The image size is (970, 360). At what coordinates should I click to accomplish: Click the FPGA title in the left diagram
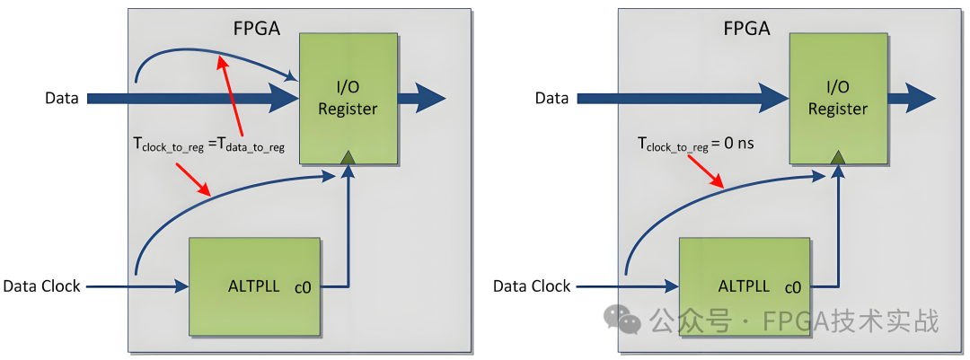(x=256, y=28)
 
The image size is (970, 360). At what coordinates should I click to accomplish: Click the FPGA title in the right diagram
(x=746, y=28)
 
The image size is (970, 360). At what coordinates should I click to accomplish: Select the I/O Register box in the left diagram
(x=348, y=99)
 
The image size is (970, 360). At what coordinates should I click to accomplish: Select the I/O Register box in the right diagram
(x=837, y=99)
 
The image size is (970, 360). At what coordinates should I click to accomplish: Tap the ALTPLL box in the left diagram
(x=254, y=286)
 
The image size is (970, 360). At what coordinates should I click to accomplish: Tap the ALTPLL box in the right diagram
(x=745, y=286)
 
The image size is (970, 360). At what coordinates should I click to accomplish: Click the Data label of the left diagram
(x=62, y=98)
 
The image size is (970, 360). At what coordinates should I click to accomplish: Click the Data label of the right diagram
(x=551, y=98)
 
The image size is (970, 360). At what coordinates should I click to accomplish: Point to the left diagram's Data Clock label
(x=41, y=286)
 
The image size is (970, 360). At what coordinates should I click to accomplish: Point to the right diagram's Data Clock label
(x=532, y=286)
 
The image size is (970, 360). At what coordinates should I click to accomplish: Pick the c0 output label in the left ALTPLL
(x=303, y=288)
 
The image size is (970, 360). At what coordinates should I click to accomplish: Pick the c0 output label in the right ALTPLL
(x=793, y=288)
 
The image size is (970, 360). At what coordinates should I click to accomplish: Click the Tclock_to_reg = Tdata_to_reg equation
(x=208, y=145)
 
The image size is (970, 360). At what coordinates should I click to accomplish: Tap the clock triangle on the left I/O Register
(x=348, y=158)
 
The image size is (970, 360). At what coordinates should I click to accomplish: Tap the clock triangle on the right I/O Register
(x=837, y=158)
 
